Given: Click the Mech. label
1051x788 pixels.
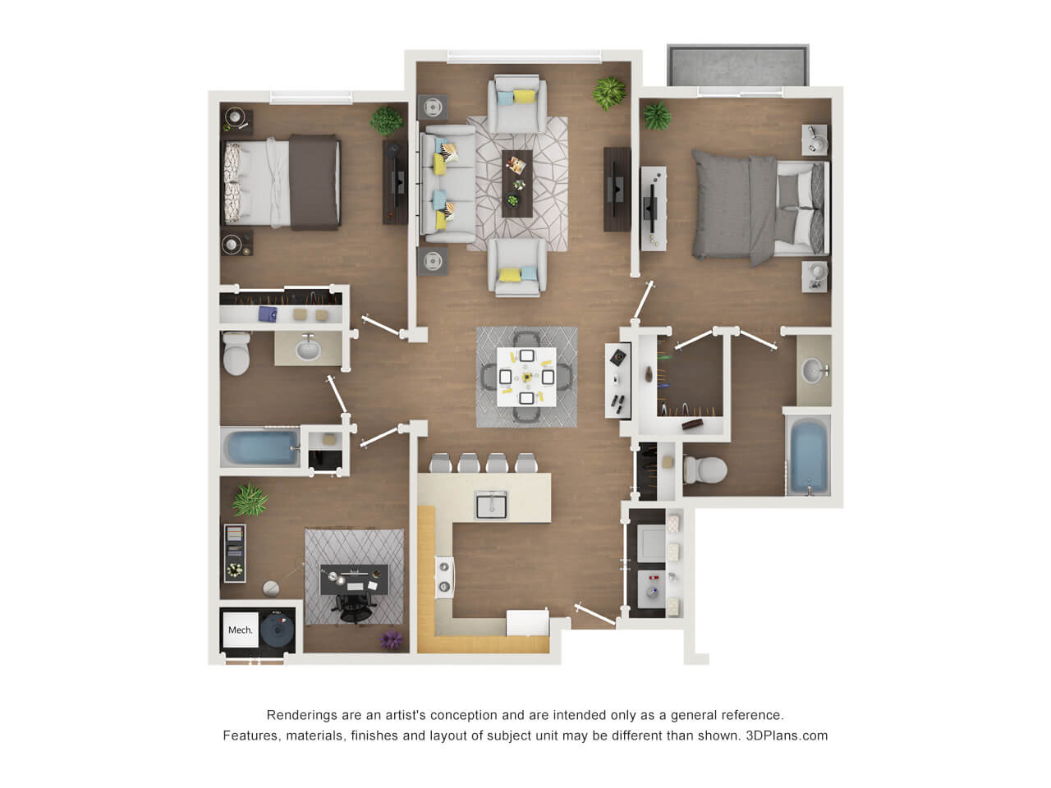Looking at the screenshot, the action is pos(240,630).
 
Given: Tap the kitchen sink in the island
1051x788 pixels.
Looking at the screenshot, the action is pos(490,505).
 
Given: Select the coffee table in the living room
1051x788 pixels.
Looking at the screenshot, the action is pos(516,184).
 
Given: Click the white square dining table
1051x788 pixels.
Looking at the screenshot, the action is pos(526,377).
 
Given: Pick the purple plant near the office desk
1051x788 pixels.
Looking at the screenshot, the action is pos(391,639).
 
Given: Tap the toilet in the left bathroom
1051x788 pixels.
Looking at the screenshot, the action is pos(236,353).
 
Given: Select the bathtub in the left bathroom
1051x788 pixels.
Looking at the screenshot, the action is pos(261,447).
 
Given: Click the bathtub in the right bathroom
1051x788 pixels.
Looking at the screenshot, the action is pos(808,455).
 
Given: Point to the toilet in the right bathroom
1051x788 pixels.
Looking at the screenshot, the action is pos(704,470).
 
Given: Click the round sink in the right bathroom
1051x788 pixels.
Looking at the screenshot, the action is pos(813,371).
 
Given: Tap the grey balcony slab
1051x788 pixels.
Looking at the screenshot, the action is pos(738,66).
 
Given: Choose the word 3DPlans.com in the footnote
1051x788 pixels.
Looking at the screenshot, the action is pos(787,735).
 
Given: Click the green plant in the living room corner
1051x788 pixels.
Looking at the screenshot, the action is pos(609,93).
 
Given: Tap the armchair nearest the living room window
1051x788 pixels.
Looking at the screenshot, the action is pos(517,103).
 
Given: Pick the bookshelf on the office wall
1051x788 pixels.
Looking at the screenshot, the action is pos(235,553).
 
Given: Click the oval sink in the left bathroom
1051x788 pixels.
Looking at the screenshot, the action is pos(308,350).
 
